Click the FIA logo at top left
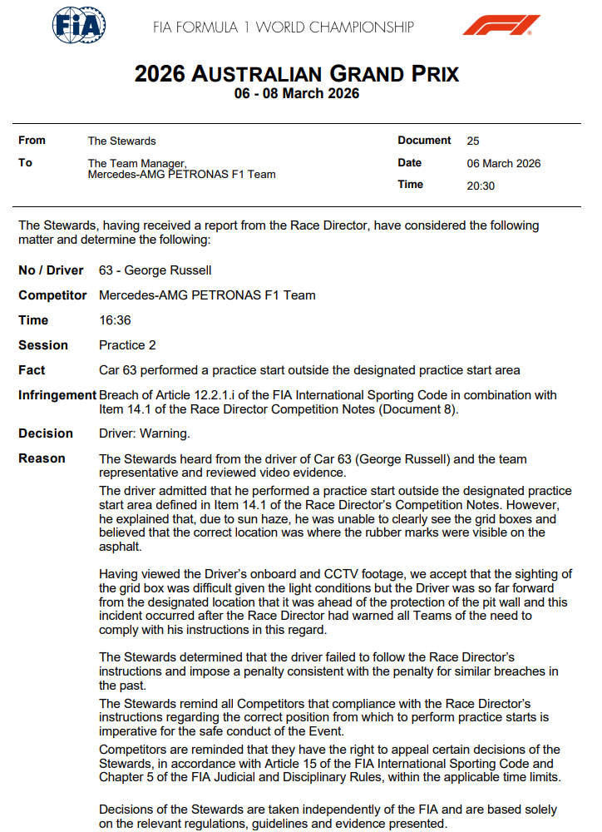click(x=79, y=27)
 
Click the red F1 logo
click(x=501, y=26)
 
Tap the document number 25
click(x=473, y=141)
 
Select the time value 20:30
click(x=481, y=186)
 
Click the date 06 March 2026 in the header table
click(x=504, y=164)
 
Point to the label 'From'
click(x=32, y=141)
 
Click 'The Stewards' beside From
click(x=121, y=141)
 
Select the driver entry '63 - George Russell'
click(x=155, y=270)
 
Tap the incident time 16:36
click(x=115, y=320)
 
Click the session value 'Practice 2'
click(x=127, y=345)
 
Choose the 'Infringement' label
click(x=57, y=395)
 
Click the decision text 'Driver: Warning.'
click(x=145, y=433)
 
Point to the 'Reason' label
click(x=42, y=458)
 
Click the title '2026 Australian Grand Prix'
click(x=297, y=74)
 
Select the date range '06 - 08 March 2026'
click(x=297, y=94)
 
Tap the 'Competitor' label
click(x=52, y=295)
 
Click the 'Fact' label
click(x=32, y=370)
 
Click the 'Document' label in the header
click(x=424, y=141)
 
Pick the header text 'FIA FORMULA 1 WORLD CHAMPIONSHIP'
click(x=284, y=27)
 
